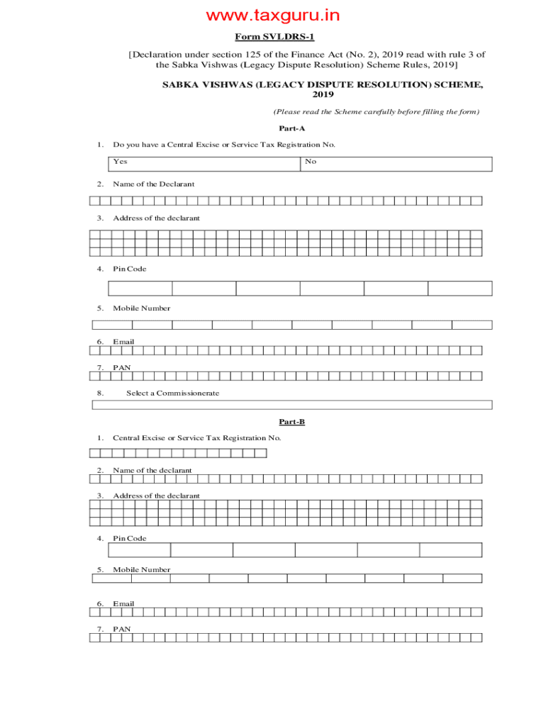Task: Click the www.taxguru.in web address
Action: (x=273, y=15)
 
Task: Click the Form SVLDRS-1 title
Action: (x=274, y=37)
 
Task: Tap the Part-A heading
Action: (x=291, y=128)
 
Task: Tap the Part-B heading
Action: (x=291, y=422)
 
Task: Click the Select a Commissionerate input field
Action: (x=291, y=405)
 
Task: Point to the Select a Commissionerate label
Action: (x=172, y=393)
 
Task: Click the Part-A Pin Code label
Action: (x=129, y=269)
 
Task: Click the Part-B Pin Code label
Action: (x=129, y=538)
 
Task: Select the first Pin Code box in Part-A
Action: (x=140, y=289)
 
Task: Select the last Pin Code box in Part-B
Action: (x=450, y=550)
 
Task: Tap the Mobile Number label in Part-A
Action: (x=141, y=308)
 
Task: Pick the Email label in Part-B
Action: (x=123, y=604)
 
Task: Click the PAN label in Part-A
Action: (x=121, y=368)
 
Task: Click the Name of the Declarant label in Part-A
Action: (x=153, y=184)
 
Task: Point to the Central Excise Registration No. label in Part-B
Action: (x=196, y=438)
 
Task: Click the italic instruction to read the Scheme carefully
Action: (x=376, y=112)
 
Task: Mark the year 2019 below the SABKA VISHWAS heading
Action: (x=323, y=94)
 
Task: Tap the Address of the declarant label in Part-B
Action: (x=156, y=496)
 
